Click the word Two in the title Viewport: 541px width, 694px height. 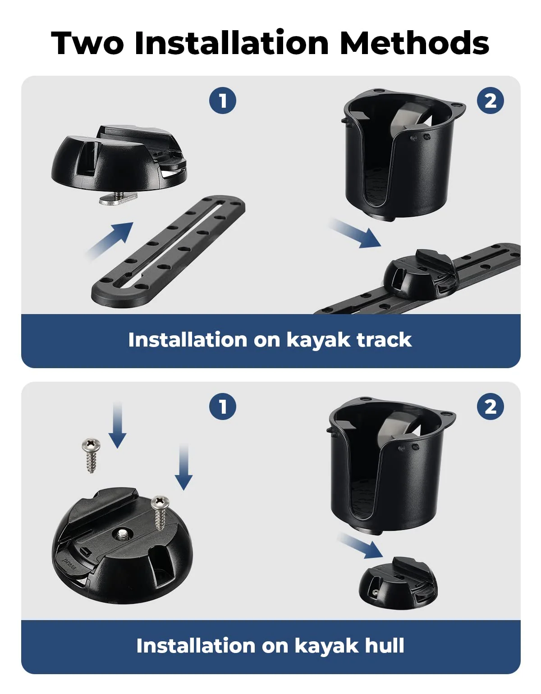pos(87,43)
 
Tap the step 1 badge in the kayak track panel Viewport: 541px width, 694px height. pos(223,100)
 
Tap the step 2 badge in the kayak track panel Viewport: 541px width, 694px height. pos(491,100)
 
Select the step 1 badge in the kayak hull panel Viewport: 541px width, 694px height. pos(223,406)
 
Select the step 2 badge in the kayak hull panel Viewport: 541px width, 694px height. pos(491,406)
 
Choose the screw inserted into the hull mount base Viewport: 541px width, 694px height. pos(160,511)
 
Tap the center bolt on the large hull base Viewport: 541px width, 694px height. pos(122,534)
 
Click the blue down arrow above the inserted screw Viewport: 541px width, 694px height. pos(183,466)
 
